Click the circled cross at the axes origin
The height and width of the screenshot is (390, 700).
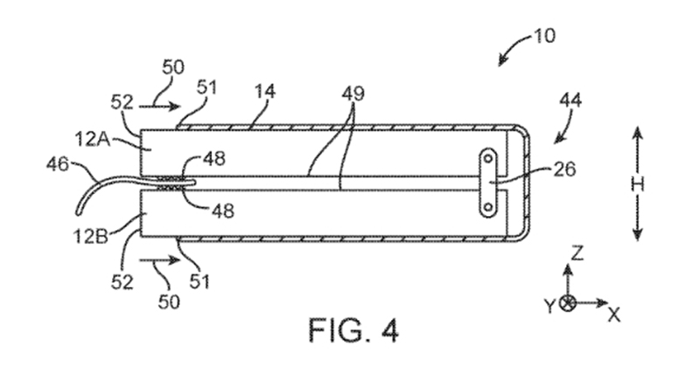[567, 304]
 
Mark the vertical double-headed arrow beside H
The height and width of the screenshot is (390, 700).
[637, 184]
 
